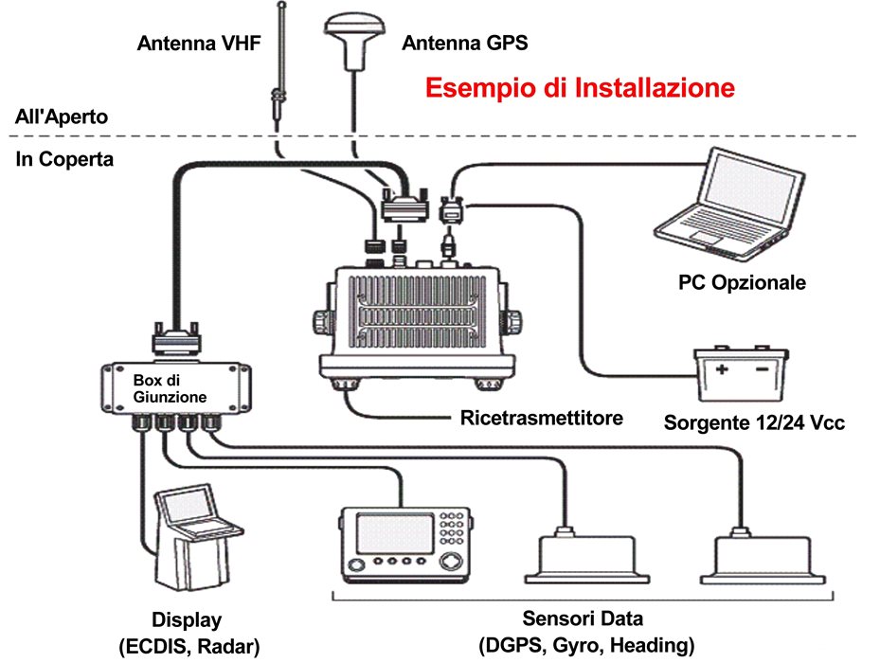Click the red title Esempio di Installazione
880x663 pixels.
coord(580,88)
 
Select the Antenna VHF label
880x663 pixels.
coord(198,44)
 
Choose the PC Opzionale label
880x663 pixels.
coord(742,282)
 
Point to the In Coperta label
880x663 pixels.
coord(64,159)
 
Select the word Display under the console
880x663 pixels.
coord(188,620)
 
